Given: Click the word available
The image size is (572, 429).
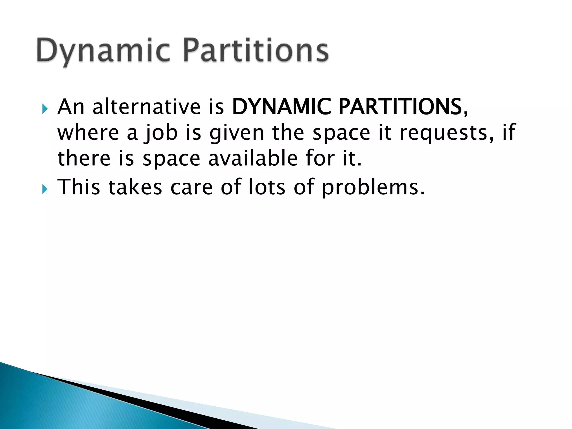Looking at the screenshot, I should (253, 158).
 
